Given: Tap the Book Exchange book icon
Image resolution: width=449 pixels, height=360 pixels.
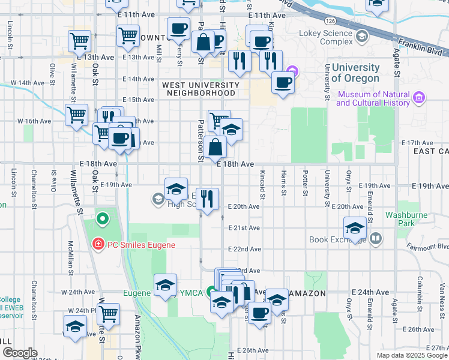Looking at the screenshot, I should click(376, 239).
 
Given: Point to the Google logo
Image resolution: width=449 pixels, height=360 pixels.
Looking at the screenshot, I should click(20, 353).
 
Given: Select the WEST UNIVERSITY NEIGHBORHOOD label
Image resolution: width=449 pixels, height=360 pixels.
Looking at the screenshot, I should click(200, 89).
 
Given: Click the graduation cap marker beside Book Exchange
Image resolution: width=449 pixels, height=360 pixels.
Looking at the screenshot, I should click(355, 228).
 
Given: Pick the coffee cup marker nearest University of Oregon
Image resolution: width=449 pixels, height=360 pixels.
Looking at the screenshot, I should click(283, 82).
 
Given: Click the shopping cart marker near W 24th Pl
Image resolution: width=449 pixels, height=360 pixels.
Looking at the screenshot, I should click(108, 313).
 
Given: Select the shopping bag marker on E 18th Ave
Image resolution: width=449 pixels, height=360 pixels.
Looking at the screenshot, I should click(215, 146).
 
